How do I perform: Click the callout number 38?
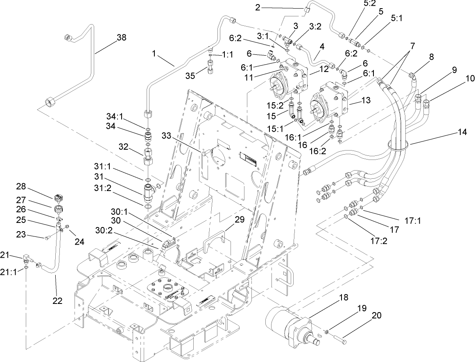121,37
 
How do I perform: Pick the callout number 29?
239,220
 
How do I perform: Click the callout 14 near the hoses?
462,133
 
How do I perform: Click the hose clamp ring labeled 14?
397,144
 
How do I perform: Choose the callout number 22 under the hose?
57,301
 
